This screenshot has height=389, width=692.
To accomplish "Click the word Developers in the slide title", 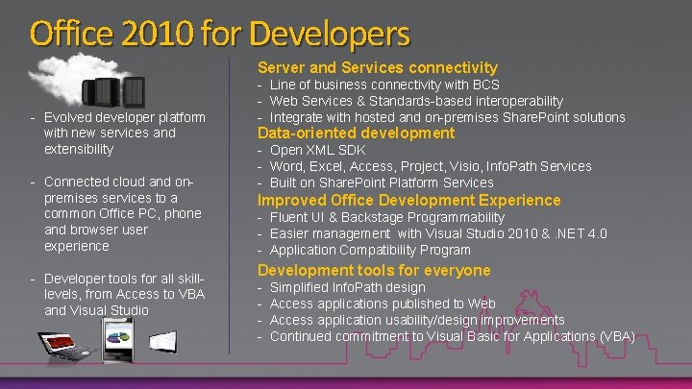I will (x=330, y=34).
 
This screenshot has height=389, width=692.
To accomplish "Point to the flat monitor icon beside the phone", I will (x=161, y=340).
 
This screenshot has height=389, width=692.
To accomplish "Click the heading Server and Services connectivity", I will (x=376, y=67).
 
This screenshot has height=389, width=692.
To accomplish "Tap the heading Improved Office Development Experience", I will (x=407, y=200).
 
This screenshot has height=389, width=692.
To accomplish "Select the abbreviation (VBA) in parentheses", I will (x=615, y=336).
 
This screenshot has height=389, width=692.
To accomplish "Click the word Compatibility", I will (x=382, y=249).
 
